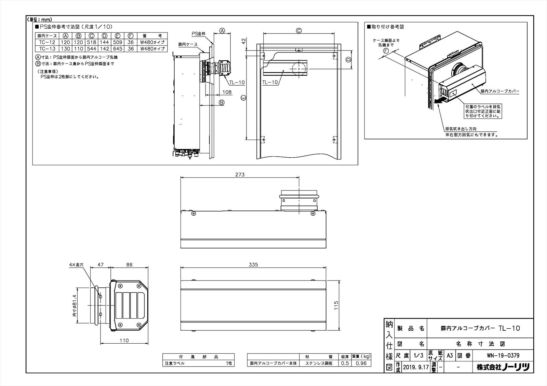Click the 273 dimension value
click(240, 174)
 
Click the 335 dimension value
click(253, 265)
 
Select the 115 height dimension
click(336, 305)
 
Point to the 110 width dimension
click(124, 340)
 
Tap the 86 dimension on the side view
click(129, 265)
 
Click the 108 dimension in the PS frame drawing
click(227, 92)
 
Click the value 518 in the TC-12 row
click(91, 42)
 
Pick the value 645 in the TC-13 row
click(118, 49)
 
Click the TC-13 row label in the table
click(47, 49)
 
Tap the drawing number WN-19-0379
click(503, 356)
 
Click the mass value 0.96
click(361, 363)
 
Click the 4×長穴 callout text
click(76, 265)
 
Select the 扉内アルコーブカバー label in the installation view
click(500, 91)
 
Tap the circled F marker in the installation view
click(386, 51)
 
